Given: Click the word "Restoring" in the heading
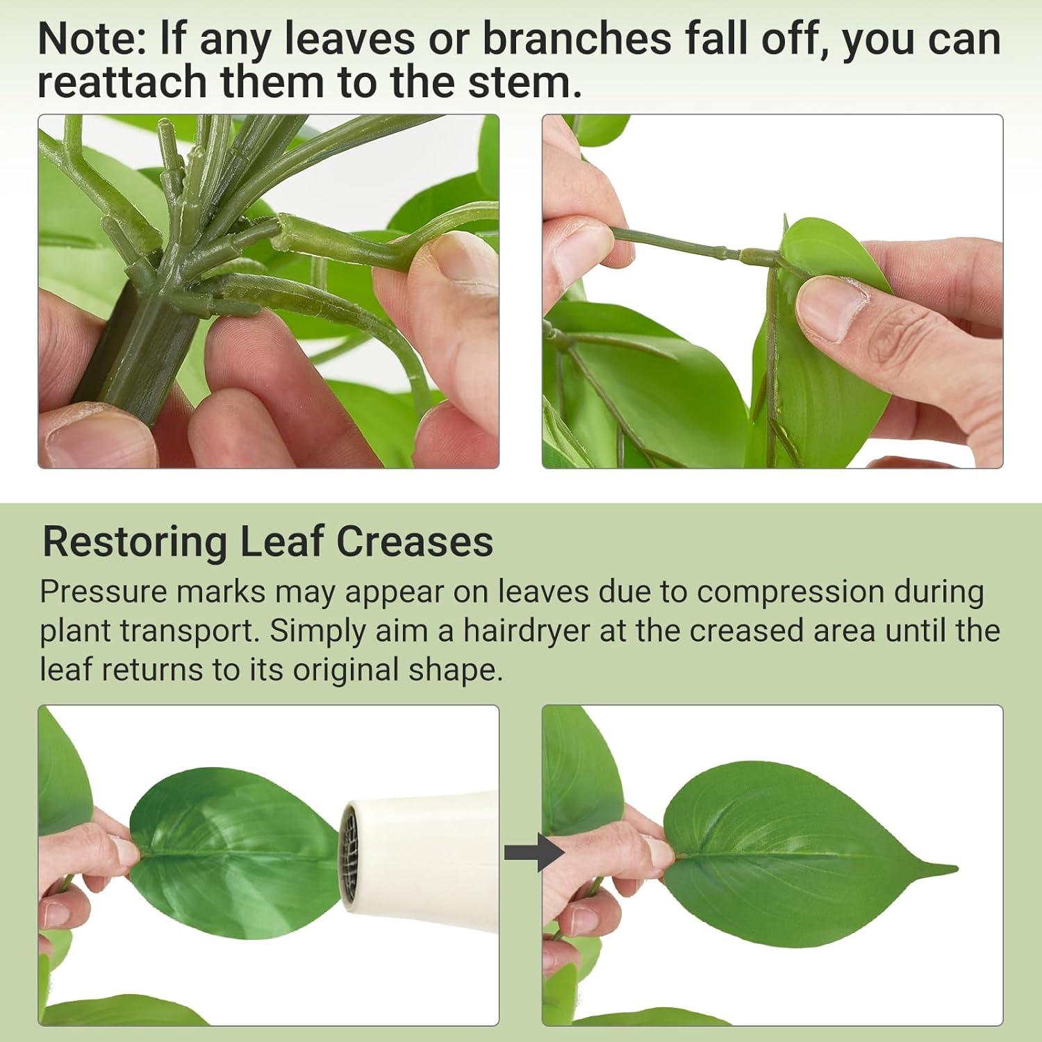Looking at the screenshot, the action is click(x=135, y=542).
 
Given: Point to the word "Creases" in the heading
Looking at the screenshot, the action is click(x=415, y=541).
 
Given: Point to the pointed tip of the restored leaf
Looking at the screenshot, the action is click(x=957, y=868).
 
